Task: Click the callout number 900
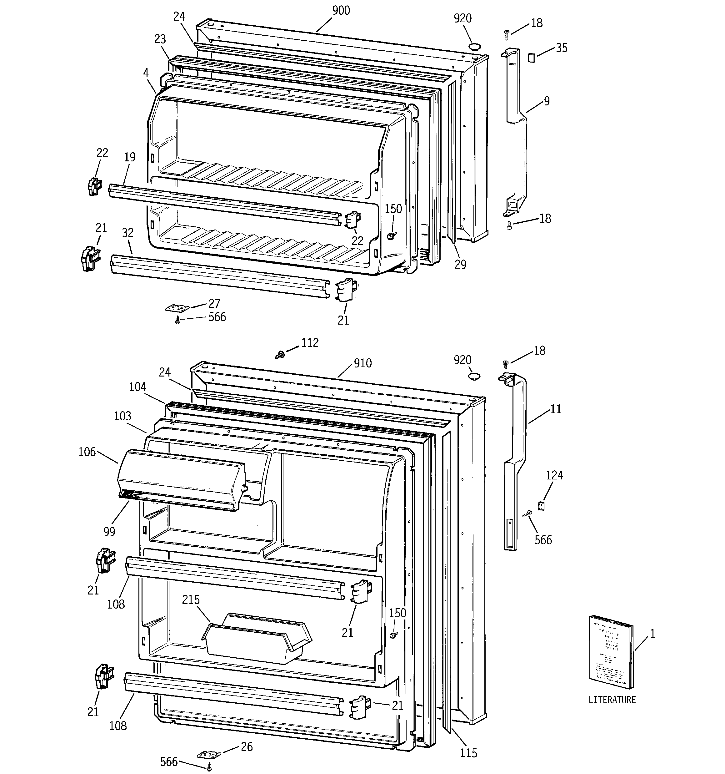[x=341, y=11]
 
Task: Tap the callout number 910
[x=363, y=363]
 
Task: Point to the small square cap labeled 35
[x=531, y=58]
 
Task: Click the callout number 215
[x=191, y=599]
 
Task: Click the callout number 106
[x=87, y=452]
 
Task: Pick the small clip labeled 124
[x=541, y=505]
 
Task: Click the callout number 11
[x=556, y=409]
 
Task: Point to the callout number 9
[x=547, y=101]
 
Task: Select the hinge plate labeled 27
[x=177, y=308]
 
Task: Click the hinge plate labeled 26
[x=208, y=754]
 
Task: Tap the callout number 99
[x=109, y=531]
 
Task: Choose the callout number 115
[x=468, y=753]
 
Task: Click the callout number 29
[x=460, y=264]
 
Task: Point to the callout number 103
[x=122, y=416]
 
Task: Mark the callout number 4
[x=146, y=73]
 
